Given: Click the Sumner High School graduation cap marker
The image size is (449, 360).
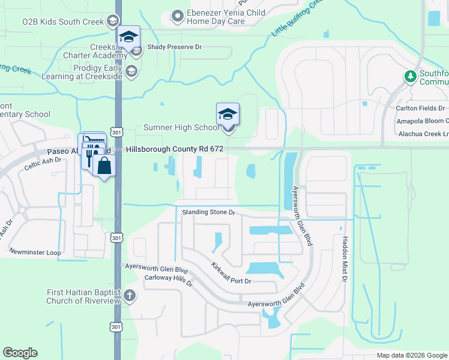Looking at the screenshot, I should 228,114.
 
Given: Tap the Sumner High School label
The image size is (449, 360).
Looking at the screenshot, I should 181,128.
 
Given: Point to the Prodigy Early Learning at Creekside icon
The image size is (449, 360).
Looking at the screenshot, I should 131,72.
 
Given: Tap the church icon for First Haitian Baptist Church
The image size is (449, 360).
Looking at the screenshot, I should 131,295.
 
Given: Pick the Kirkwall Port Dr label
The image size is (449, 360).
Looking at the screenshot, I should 231,273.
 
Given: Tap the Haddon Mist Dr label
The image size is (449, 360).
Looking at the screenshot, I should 345,258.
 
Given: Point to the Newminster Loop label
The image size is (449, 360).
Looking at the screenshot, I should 36,253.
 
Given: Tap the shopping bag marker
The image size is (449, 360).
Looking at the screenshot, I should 104,166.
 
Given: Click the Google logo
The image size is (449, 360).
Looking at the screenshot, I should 20,353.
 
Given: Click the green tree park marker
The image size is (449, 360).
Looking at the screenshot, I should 411,76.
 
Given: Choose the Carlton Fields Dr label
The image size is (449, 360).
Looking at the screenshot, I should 421,109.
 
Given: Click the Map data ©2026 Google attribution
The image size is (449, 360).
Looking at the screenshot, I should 411,355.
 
